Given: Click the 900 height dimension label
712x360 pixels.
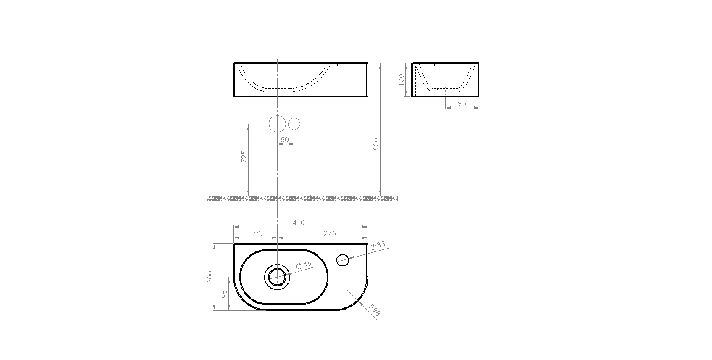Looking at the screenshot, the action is [x=376, y=144].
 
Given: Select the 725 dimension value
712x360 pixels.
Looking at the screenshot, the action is [x=244, y=156].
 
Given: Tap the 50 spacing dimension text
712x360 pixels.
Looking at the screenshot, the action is [x=285, y=140].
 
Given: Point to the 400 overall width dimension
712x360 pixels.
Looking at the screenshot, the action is [x=299, y=222].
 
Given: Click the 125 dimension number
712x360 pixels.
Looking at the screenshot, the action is [x=256, y=233].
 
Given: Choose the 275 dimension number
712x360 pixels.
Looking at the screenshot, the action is [x=330, y=233].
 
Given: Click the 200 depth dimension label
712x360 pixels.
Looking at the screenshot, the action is [x=210, y=277].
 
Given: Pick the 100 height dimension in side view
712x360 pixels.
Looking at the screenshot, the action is [x=401, y=79].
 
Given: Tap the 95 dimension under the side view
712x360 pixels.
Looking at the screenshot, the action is [x=462, y=103].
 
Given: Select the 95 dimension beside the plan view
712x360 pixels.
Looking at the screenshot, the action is [x=225, y=294].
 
